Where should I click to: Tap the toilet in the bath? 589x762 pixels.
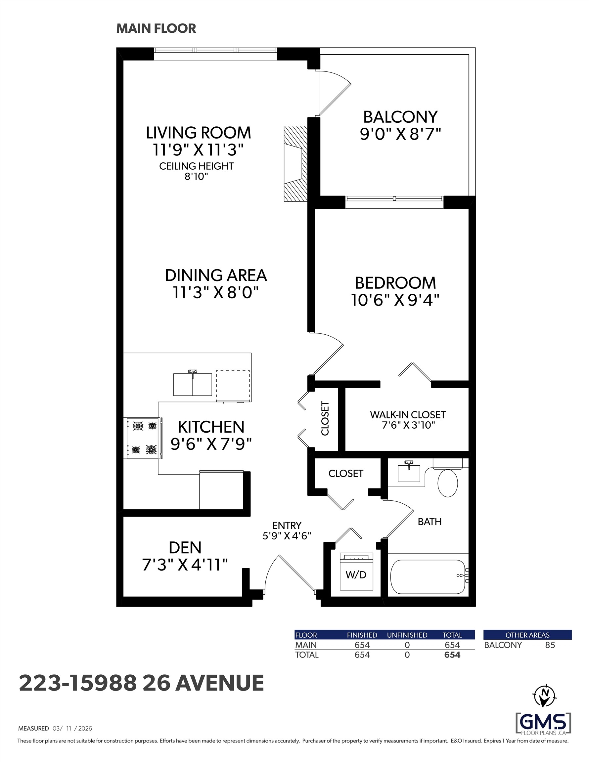(448, 478)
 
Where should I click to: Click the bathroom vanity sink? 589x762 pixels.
(409, 471)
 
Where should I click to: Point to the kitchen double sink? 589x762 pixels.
(192, 383)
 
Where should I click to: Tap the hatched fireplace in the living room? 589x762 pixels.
(295, 164)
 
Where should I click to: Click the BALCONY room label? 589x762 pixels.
(400, 117)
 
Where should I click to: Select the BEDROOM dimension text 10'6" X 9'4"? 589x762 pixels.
(395, 300)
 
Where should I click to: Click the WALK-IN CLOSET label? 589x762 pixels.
(408, 415)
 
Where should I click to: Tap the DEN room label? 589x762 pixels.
(185, 547)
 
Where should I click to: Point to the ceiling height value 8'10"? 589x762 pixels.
(196, 177)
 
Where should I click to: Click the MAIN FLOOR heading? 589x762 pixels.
(156, 29)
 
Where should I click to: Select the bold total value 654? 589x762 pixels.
(452, 655)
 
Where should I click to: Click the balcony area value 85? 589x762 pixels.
(550, 645)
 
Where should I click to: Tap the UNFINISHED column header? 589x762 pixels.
(407, 635)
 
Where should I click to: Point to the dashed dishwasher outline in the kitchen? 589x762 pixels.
(233, 386)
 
